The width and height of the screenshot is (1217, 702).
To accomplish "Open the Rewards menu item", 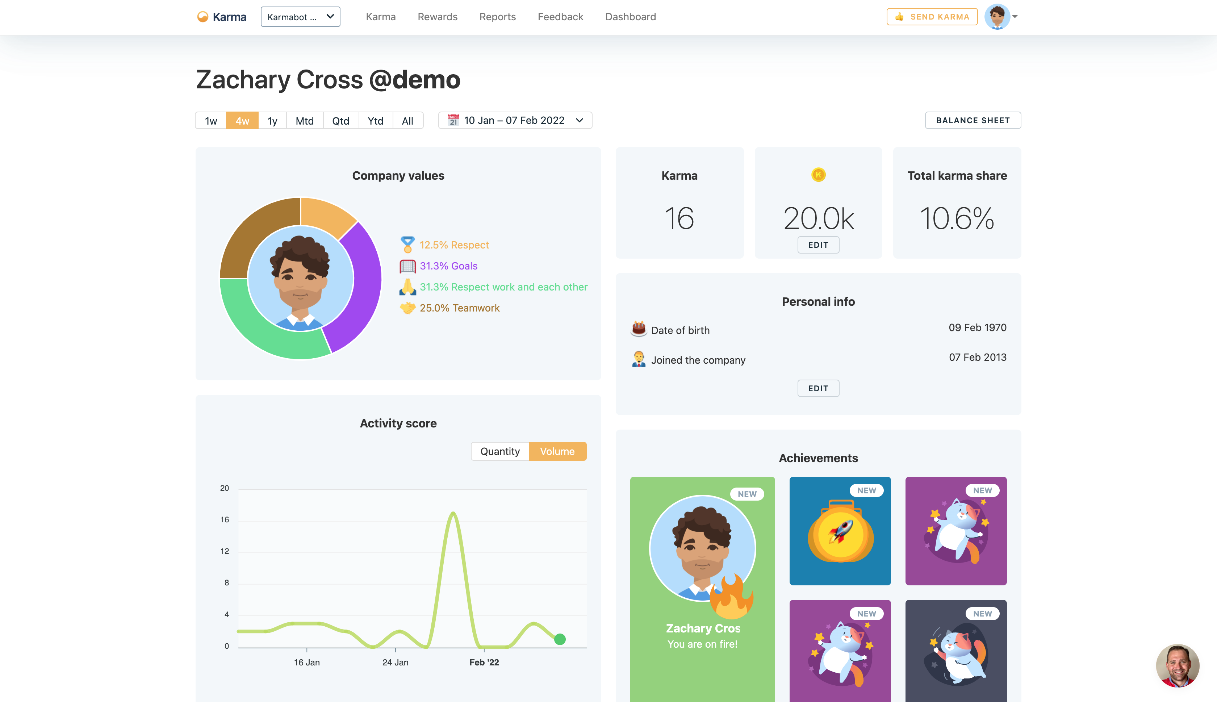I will (x=437, y=17).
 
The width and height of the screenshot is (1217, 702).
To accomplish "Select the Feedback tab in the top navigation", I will (x=560, y=17).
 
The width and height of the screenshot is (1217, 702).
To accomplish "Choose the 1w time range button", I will (x=211, y=121).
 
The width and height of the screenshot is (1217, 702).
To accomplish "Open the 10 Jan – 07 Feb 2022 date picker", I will (x=515, y=121).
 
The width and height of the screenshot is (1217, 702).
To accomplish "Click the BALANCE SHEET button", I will (x=973, y=121).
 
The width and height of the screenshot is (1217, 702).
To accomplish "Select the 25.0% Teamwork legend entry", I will (x=459, y=308).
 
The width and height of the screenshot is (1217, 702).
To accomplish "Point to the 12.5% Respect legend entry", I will (x=454, y=245).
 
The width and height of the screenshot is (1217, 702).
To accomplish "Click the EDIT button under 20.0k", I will (x=818, y=245).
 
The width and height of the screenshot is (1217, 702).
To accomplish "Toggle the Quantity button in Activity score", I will (x=500, y=451).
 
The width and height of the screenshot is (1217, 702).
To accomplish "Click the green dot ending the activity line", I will (x=560, y=639).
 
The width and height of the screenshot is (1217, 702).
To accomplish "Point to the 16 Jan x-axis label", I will (x=306, y=663).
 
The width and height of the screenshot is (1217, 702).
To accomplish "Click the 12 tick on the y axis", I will (x=225, y=551).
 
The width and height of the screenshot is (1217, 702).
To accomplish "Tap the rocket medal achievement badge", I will (x=840, y=531).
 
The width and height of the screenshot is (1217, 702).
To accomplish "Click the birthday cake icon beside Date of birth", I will (x=639, y=329).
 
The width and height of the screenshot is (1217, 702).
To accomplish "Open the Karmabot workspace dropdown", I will (x=300, y=17).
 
